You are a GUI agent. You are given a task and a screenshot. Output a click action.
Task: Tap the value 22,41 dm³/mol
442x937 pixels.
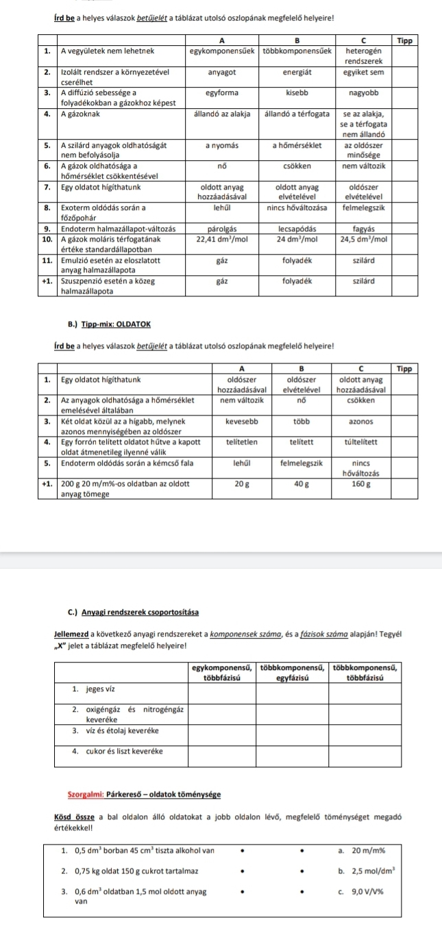(x=221, y=239)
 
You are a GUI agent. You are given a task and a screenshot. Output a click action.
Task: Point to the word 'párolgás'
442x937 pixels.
(x=221, y=229)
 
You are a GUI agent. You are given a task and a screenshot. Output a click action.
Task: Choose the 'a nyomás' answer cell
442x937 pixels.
(x=221, y=146)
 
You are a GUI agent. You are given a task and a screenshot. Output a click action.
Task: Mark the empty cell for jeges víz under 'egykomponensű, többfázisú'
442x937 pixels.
(x=221, y=692)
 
